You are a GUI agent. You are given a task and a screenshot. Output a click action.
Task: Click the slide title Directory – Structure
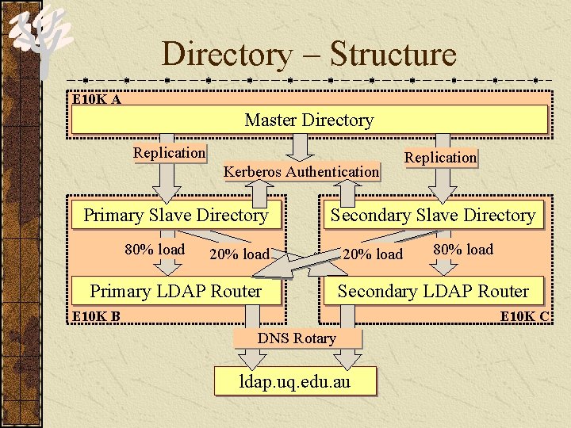coord(309,55)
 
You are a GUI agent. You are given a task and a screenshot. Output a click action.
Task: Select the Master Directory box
coord(309,120)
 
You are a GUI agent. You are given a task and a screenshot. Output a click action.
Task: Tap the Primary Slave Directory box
coord(175,216)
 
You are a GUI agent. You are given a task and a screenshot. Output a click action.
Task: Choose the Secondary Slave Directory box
coord(433,216)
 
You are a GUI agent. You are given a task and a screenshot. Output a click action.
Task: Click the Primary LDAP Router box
coord(176,291)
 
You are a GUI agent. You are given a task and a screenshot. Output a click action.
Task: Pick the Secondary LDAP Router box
coord(433,291)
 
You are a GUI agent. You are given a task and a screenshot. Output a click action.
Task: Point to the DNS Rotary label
coord(297,338)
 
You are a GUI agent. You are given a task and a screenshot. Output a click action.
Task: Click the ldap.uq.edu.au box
coord(295,381)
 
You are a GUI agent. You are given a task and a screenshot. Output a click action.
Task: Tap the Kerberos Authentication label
coord(301,171)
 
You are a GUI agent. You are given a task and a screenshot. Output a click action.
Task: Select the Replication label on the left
coord(169,152)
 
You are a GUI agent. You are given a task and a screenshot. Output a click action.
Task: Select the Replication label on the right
coord(440,157)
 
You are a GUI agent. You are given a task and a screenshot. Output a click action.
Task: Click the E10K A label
coord(97,100)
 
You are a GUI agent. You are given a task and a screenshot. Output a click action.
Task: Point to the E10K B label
coord(96,317)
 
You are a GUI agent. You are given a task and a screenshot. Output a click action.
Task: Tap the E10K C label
coord(524,317)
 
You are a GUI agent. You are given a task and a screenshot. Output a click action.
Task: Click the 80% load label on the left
coord(155,249)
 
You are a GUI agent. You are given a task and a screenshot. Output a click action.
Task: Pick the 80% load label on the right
coord(462,249)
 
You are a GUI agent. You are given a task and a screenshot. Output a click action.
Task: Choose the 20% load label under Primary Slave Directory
coord(239,254)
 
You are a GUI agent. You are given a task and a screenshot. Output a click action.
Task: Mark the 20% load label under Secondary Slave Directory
coord(373,254)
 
